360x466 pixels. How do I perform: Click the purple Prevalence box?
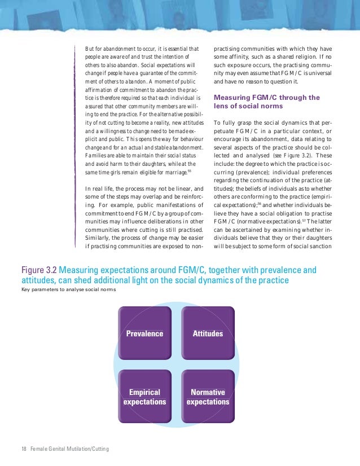(x=144, y=333)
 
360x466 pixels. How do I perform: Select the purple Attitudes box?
(x=208, y=333)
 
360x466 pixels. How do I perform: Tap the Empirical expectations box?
(x=144, y=397)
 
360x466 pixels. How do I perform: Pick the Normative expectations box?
(x=208, y=397)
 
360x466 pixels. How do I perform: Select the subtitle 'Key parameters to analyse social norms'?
(x=64, y=289)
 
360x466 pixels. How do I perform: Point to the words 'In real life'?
(x=100, y=188)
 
